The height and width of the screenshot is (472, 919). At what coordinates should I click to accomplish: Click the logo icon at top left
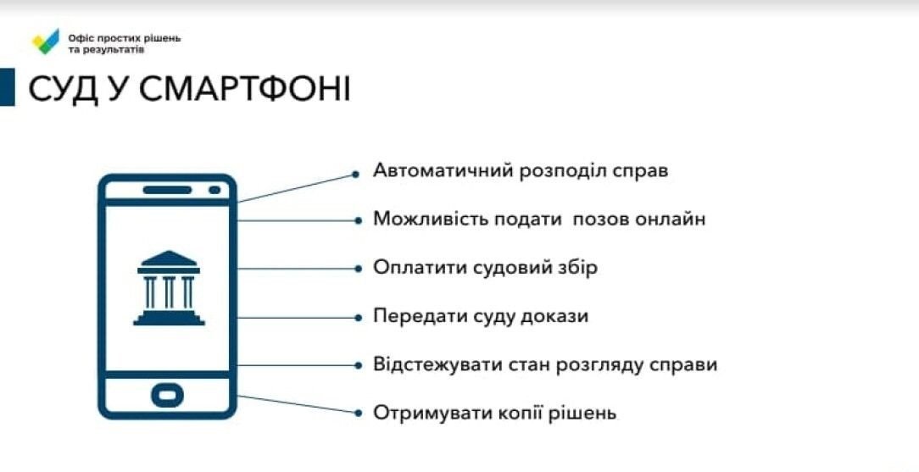46,42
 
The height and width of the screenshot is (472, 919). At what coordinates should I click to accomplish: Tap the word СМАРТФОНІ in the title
245,89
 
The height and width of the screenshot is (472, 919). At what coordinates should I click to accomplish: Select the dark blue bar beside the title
7,87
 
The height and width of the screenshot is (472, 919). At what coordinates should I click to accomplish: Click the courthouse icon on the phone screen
168,287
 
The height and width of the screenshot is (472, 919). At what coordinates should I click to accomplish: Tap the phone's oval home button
167,395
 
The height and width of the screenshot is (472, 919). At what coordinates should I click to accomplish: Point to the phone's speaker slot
167,190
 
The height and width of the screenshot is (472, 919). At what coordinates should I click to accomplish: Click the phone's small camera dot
214,190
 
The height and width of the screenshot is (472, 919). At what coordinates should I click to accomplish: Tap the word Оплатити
411,268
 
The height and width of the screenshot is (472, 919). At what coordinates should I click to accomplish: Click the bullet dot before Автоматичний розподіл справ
357,175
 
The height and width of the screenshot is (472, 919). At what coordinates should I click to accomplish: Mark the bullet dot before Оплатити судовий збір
357,269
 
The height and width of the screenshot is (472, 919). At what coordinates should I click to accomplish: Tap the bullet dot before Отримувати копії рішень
357,414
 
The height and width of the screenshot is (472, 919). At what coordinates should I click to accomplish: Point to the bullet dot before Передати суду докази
357,317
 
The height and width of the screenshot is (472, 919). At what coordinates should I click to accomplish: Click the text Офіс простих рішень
125,38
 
